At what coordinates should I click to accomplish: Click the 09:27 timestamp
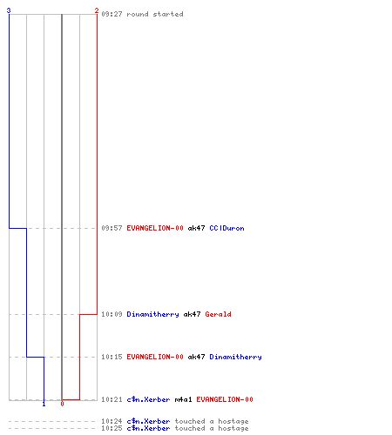[112, 14]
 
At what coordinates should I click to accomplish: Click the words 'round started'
[155, 14]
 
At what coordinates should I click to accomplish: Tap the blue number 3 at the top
[9, 10]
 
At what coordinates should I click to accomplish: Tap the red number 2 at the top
[97, 10]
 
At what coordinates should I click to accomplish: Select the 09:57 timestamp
[112, 228]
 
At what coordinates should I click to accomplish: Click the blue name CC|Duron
[226, 228]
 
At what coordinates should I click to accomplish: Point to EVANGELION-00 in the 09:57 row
[155, 228]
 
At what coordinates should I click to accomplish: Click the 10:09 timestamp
[112, 314]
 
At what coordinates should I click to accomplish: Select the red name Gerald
[218, 314]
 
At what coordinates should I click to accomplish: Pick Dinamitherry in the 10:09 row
[152, 315]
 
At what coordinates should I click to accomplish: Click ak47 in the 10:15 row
[196, 357]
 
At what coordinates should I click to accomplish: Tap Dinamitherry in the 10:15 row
[235, 358]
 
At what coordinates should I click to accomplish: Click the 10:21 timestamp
[112, 399]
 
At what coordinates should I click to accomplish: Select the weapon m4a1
[183, 399]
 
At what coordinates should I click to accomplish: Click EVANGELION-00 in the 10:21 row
[225, 399]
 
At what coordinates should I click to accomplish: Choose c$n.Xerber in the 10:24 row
[148, 421]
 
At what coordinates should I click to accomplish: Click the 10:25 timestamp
[112, 428]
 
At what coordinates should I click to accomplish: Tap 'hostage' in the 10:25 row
[233, 429]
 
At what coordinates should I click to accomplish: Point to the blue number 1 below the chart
[44, 404]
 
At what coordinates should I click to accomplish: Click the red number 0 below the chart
[62, 404]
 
